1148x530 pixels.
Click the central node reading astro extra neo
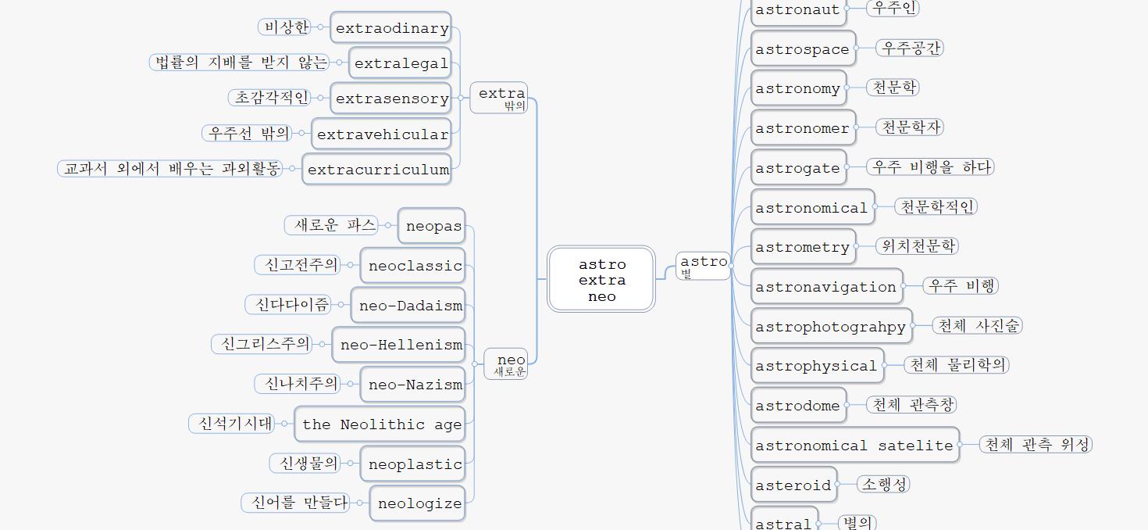point(601,280)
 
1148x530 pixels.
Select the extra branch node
point(499,98)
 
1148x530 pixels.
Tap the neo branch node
point(508,363)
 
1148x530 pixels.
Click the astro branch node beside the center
point(703,265)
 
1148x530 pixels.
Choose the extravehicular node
point(382,134)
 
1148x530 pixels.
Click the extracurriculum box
point(377,170)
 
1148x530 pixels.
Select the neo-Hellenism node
point(399,345)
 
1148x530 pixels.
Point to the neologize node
point(418,503)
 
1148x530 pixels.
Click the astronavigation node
point(826,287)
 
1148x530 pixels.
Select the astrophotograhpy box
point(831,327)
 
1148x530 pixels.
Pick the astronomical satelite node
point(854,446)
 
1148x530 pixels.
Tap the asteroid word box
point(793,485)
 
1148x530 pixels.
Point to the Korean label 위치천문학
point(918,245)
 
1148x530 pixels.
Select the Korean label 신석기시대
point(234,424)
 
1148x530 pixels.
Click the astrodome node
point(798,406)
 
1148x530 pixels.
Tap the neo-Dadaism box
point(408,306)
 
